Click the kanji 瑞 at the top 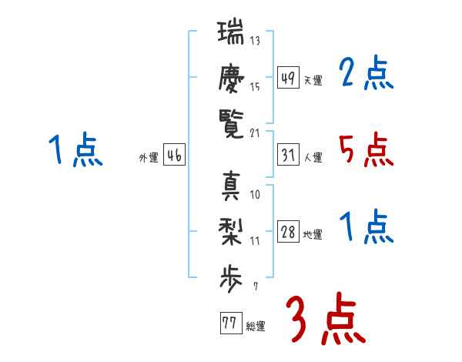pos(231,32)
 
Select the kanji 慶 pos(231,79)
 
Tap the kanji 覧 pos(231,124)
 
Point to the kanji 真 pos(231,186)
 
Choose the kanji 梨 pos(231,232)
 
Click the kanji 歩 pos(231,279)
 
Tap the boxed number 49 pos(288,77)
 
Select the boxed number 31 pos(288,155)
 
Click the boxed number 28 pos(288,231)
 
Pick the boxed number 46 pos(174,155)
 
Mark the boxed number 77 pos(231,323)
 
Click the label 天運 pos(313,80)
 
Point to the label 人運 pos(313,157)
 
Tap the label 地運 pos(313,235)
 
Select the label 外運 pos(149,158)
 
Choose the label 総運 pos(256,327)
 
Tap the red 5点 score pos(367,149)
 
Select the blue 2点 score pos(367,72)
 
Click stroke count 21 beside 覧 pos(255,133)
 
